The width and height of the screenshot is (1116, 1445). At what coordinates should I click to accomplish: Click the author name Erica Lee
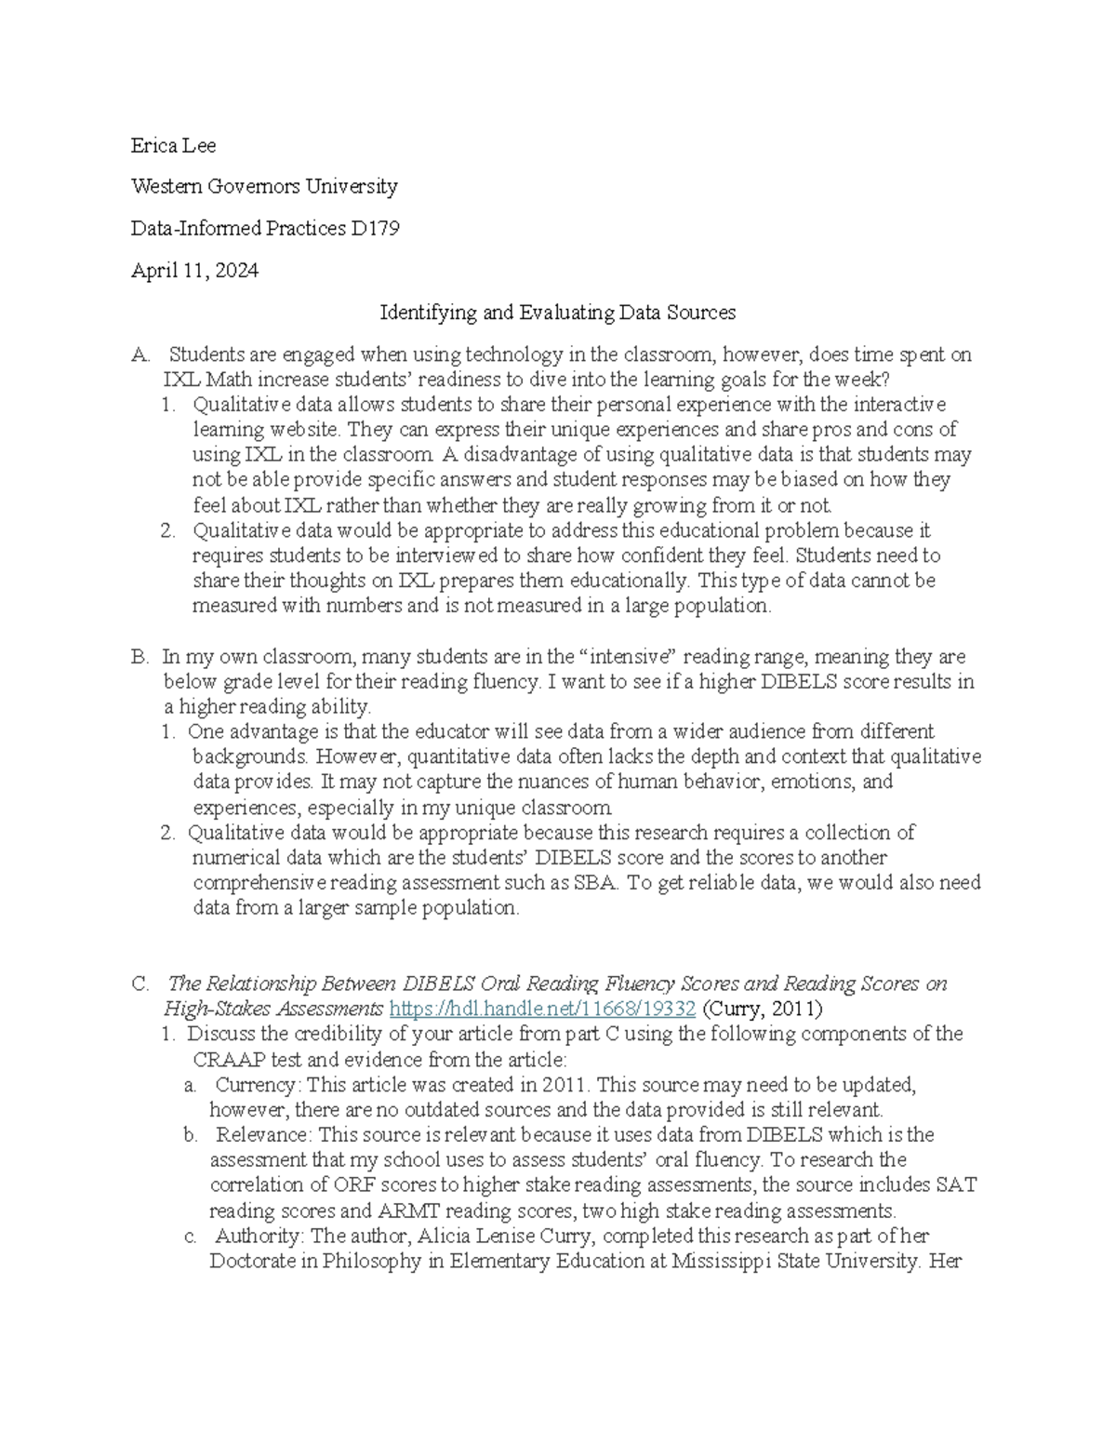coord(173,145)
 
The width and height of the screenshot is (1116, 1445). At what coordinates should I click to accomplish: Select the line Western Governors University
coord(264,186)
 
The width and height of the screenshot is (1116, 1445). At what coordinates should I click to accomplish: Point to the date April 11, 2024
coord(194,271)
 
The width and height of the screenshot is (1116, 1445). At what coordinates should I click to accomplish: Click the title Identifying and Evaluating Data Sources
coord(557,313)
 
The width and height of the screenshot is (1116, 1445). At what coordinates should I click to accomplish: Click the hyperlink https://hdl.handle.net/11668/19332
coord(542,1009)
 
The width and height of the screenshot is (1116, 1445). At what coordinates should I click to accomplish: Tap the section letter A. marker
coord(140,355)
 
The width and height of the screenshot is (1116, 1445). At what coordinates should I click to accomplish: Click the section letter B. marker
coord(140,657)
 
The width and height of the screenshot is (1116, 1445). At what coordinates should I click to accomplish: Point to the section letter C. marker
coord(140,983)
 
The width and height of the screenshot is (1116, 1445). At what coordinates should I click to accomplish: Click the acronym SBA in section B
coord(596,883)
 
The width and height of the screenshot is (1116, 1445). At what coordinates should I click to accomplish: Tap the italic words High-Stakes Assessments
coord(273,1009)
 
